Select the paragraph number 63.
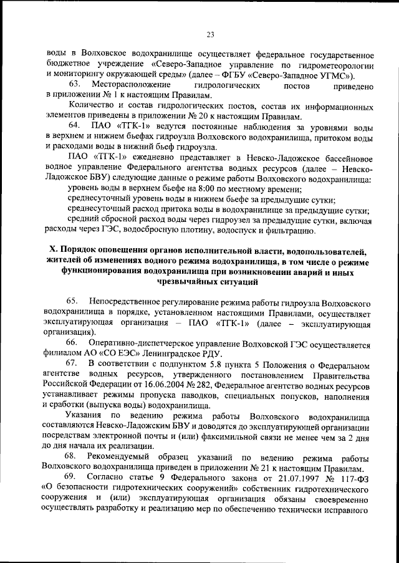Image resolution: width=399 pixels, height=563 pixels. click(x=75, y=84)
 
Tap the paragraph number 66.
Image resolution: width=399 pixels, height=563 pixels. click(x=72, y=344)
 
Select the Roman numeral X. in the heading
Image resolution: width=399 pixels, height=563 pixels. click(x=54, y=251)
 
